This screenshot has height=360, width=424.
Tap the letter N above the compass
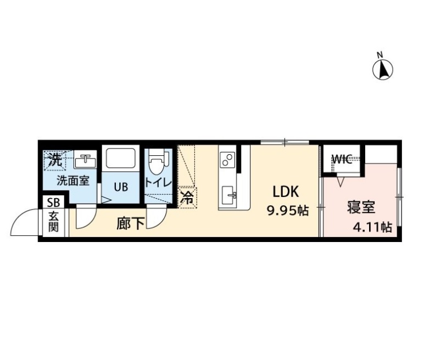(x=380, y=55)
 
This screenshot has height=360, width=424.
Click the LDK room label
(x=286, y=193)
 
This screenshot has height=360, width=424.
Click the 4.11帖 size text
(x=372, y=227)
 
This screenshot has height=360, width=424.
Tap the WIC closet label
(x=341, y=160)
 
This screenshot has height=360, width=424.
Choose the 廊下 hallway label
(x=130, y=224)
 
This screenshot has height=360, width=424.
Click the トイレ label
(x=158, y=183)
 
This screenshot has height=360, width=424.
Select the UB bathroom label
(x=121, y=187)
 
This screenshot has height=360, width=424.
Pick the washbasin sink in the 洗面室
(x=85, y=160)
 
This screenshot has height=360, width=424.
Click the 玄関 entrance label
(x=53, y=222)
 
